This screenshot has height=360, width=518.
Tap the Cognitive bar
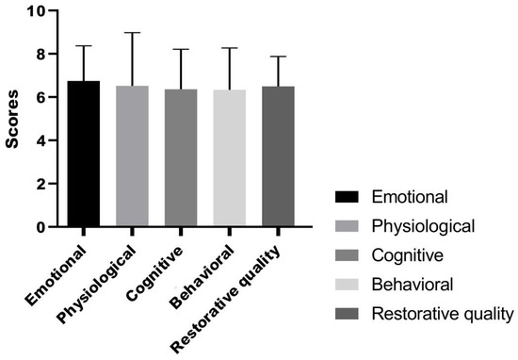(x=181, y=159)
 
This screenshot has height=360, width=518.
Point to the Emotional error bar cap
(x=84, y=46)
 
